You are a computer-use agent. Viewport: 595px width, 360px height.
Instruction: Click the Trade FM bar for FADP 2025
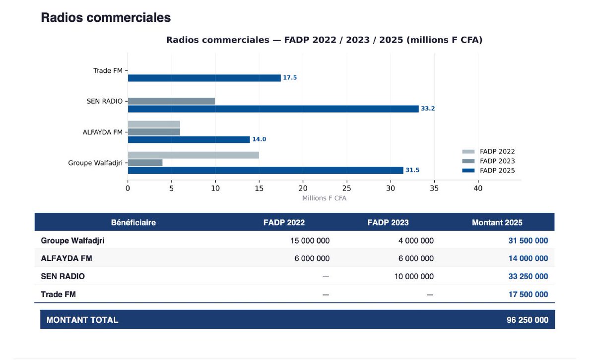204,78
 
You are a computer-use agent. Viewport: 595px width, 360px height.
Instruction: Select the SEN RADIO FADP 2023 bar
171,101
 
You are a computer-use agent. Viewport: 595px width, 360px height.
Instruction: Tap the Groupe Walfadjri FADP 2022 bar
193,155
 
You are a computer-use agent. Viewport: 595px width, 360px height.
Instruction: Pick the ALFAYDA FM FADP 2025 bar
189,139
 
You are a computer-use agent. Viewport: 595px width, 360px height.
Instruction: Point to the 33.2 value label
428,109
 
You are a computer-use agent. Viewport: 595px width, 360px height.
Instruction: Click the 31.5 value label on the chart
412,171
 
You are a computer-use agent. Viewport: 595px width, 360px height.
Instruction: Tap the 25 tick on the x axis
346,188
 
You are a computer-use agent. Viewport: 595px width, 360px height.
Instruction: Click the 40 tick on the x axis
478,188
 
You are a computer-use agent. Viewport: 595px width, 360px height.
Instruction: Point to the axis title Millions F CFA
325,198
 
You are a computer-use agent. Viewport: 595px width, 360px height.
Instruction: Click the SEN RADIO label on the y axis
104,101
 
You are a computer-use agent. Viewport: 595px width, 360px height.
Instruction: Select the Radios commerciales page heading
106,18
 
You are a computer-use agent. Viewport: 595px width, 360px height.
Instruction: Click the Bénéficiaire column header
133,223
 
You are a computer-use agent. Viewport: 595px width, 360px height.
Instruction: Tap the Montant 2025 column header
497,223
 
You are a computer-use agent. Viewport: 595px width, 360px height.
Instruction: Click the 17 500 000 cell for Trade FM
528,295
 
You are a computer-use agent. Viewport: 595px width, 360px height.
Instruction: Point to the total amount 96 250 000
528,320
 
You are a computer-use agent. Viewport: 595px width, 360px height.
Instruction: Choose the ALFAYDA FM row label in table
66,258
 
